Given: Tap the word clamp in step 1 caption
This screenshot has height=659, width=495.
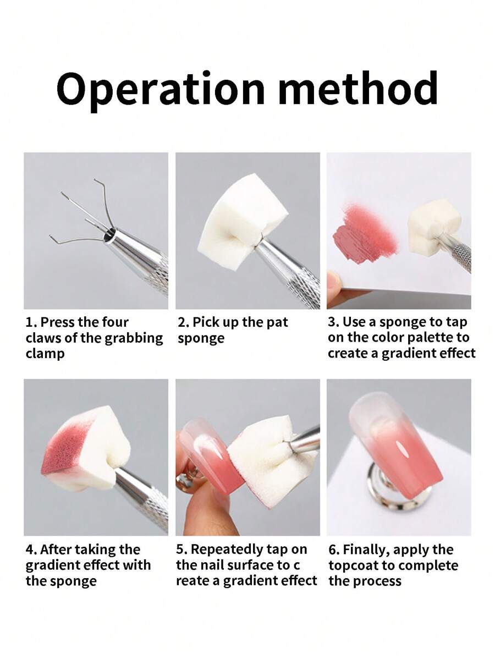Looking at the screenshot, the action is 45,354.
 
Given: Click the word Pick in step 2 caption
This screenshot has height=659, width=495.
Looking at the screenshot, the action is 206,322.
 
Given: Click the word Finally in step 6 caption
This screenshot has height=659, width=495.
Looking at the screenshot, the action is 367,550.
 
